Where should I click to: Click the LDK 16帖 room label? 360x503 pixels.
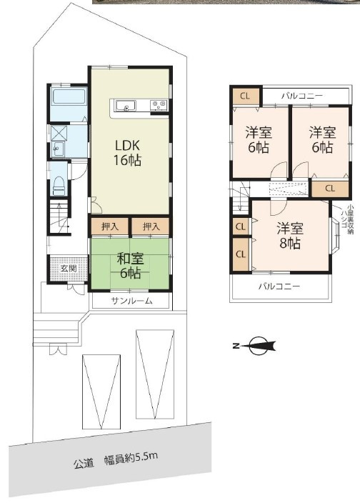[128, 153]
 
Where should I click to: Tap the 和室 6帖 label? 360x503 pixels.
[130, 266]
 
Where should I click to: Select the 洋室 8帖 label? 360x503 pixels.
[290, 236]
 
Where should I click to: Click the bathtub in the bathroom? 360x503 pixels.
[69, 96]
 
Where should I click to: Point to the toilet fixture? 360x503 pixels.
[59, 186]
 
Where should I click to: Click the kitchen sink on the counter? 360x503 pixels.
[125, 105]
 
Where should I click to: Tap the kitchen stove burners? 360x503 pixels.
[159, 104]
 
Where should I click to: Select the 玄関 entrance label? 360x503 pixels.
[69, 268]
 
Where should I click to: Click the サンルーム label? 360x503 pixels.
[131, 301]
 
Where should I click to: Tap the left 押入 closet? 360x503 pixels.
[110, 226]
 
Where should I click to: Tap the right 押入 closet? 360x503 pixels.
[151, 226]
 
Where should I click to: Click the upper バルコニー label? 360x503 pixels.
[302, 96]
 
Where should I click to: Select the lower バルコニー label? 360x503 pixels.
[279, 286]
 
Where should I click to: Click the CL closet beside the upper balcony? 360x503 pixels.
[246, 96]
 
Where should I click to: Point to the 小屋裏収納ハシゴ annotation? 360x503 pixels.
[347, 219]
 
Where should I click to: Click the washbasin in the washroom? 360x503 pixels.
[59, 149]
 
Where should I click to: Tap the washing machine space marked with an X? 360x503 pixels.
[59, 132]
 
